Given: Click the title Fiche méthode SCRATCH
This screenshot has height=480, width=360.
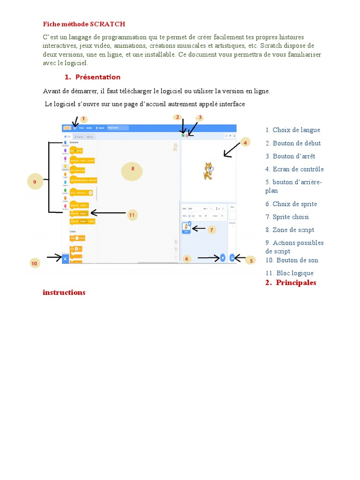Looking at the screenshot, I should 84,24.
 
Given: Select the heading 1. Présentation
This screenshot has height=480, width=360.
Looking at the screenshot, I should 92,77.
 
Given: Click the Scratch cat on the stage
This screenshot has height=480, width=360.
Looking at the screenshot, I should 208,171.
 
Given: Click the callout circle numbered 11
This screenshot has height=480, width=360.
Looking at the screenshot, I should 132,215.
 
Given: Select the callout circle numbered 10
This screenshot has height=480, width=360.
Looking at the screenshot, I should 34,263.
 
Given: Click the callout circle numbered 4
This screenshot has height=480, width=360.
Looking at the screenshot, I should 246,142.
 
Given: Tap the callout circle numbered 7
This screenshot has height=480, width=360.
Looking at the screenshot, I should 212,230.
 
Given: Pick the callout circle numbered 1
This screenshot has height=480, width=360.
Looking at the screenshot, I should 84,119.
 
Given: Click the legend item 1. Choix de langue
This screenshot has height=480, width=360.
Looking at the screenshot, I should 292,130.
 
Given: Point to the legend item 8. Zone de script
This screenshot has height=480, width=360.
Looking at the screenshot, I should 290,230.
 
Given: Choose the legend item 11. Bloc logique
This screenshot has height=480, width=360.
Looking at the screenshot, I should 289,273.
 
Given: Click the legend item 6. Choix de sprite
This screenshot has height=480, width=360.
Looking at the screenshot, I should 291,204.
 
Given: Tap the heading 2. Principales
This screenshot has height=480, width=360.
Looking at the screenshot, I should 290,283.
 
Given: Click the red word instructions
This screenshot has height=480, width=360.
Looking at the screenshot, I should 64,292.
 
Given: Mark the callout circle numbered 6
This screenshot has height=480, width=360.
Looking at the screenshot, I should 187,259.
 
